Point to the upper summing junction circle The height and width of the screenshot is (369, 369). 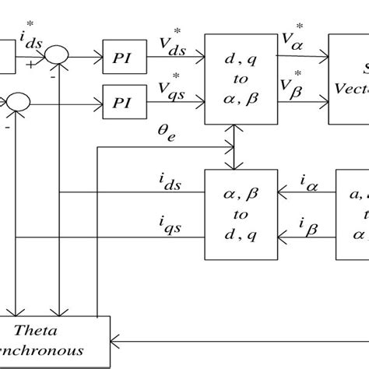click(58, 55)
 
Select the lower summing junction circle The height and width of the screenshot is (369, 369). click(16, 100)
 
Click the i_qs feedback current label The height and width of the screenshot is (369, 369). click(167, 227)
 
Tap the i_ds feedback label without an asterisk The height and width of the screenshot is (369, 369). click(167, 182)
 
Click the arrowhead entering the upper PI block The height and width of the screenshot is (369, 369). click(99, 56)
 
